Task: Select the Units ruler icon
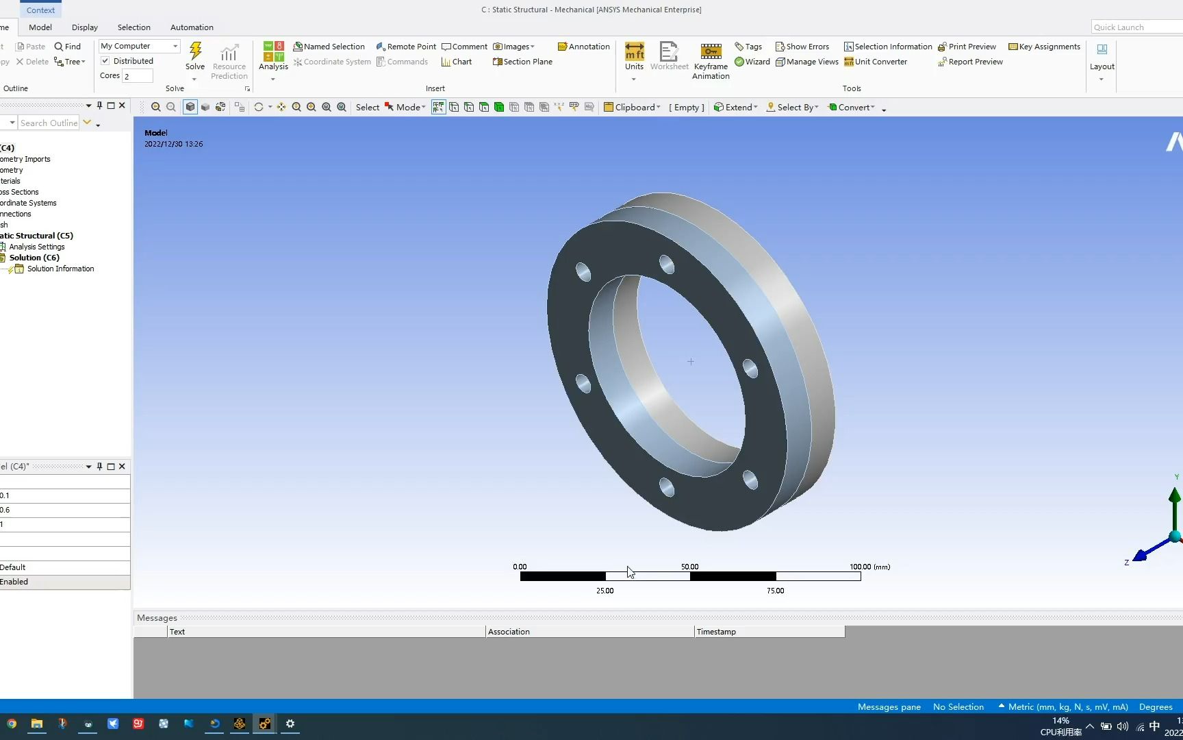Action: tap(634, 52)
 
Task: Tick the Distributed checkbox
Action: tap(105, 61)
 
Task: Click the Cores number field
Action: tap(137, 76)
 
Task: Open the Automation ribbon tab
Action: tap(192, 27)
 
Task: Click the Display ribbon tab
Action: tap(85, 27)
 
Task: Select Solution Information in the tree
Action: tap(60, 269)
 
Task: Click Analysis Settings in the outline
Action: tap(36, 247)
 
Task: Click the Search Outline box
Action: tap(48, 123)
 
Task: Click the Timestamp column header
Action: tap(716, 632)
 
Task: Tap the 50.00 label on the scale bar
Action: tap(689, 567)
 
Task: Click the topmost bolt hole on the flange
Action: tap(666, 264)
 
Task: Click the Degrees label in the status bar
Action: tap(1155, 706)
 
